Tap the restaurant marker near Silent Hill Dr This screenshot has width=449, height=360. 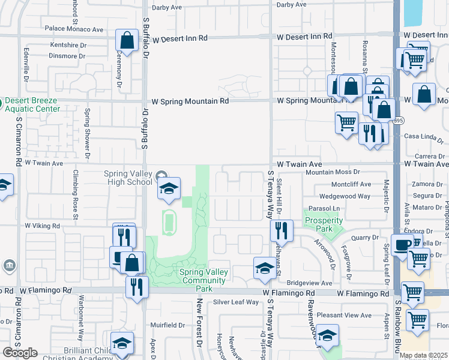click(x=281, y=229)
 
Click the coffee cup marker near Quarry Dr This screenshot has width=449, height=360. click(x=402, y=244)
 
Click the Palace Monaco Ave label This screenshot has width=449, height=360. click(x=74, y=29)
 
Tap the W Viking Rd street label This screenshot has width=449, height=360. click(x=42, y=226)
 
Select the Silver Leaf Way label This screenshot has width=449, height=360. click(x=236, y=302)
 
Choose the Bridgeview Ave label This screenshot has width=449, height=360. click(x=309, y=283)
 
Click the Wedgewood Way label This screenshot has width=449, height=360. click(x=345, y=196)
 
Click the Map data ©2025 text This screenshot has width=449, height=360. click(x=423, y=355)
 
